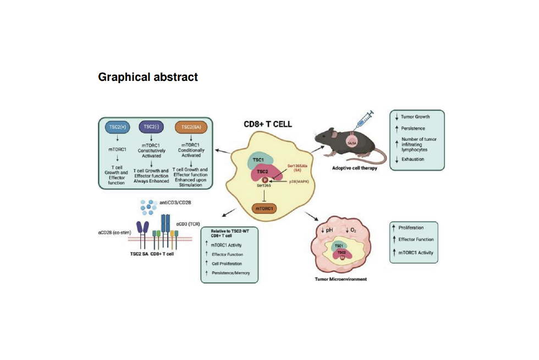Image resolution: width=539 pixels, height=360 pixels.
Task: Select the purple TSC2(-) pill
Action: tap(151, 127)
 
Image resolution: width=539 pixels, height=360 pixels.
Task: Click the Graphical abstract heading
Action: tap(148, 77)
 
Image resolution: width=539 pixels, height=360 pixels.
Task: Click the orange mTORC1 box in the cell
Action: tap(265, 209)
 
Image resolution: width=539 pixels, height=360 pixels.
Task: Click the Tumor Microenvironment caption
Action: tap(340, 279)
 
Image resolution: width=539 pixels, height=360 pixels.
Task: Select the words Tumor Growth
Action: tap(416, 117)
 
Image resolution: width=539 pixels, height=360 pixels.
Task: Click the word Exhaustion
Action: tap(414, 160)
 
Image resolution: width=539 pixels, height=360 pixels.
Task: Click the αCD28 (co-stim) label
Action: tap(113, 233)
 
